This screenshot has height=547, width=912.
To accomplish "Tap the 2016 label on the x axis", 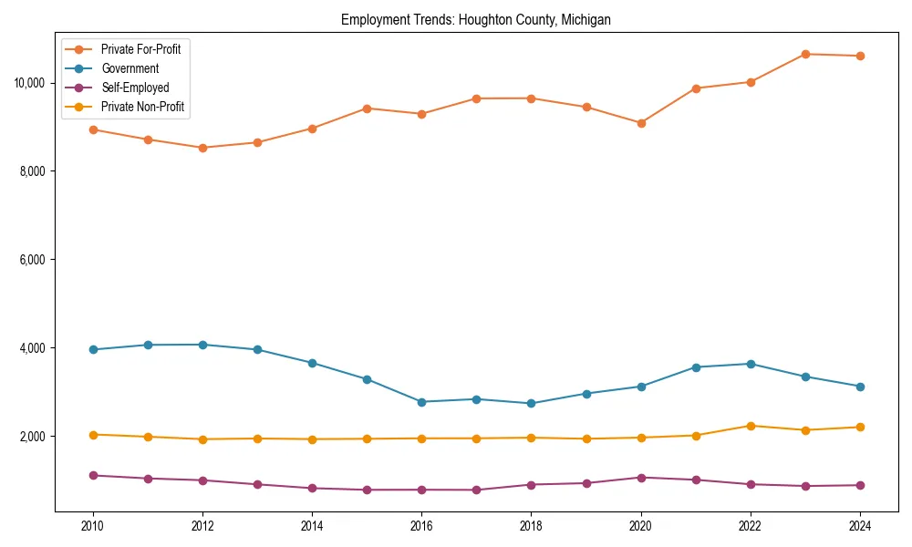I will tap(421, 525).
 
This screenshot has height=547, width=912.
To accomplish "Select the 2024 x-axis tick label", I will tap(859, 525).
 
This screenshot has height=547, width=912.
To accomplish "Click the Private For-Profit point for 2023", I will tap(804, 54).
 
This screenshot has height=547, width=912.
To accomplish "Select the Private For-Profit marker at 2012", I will tap(202, 148).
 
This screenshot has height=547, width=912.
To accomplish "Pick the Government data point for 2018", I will tap(531, 404).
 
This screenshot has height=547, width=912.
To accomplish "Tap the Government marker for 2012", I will tap(202, 345).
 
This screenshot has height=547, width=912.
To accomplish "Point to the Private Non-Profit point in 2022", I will tap(750, 426).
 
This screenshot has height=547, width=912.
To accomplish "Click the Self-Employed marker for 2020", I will tap(640, 478).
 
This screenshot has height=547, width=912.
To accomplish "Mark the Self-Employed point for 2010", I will tap(93, 475).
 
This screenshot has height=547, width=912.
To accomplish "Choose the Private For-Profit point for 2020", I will tap(640, 123).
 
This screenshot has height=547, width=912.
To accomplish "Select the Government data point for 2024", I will tap(859, 387).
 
